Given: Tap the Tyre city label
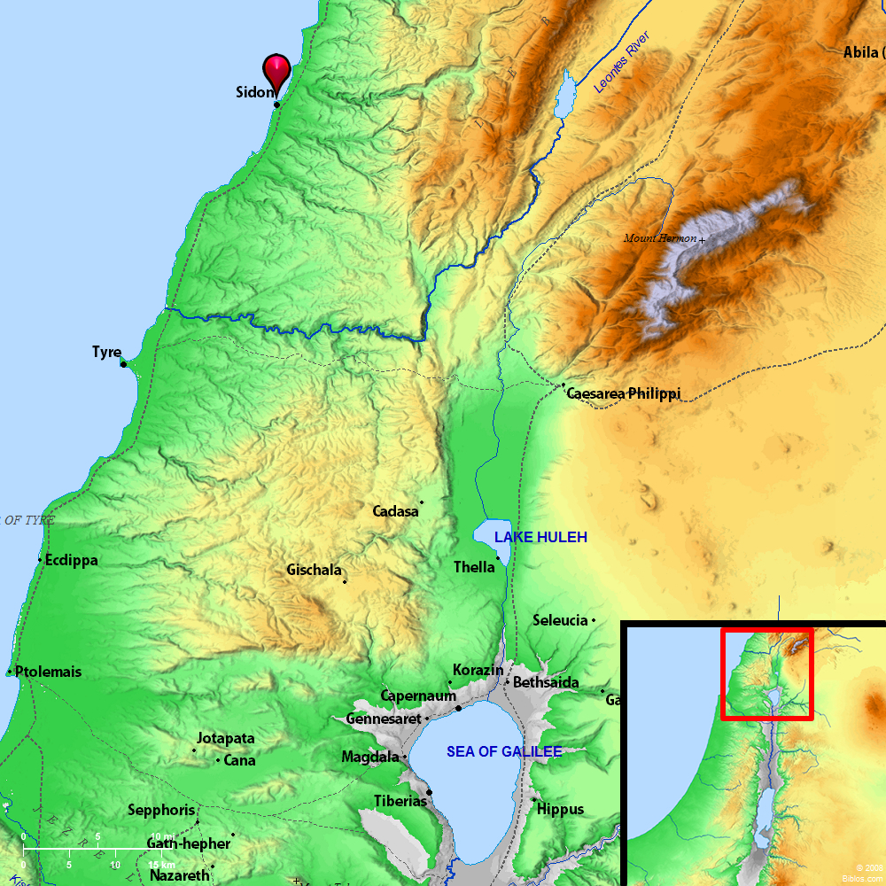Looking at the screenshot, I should [x=106, y=353].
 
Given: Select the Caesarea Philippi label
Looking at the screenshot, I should [x=623, y=393].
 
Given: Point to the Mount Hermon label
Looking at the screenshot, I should [x=660, y=238].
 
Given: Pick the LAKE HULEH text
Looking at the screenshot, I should [x=540, y=538].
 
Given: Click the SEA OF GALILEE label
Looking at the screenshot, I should [x=504, y=752].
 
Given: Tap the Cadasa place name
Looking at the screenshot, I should [x=395, y=511].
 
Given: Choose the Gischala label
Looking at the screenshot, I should [x=314, y=571].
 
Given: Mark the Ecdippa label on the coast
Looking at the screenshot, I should [x=71, y=561].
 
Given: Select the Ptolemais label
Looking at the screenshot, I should [x=48, y=672].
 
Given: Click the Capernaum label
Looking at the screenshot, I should [x=418, y=696].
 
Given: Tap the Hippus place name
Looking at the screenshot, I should [x=561, y=809].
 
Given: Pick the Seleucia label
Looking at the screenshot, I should [x=560, y=620].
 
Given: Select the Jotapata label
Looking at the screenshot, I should [x=226, y=738].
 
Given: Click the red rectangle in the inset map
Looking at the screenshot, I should [x=766, y=673].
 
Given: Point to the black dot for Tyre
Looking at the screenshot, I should [x=123, y=364].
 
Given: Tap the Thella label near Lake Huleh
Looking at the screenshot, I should [x=474, y=567].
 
